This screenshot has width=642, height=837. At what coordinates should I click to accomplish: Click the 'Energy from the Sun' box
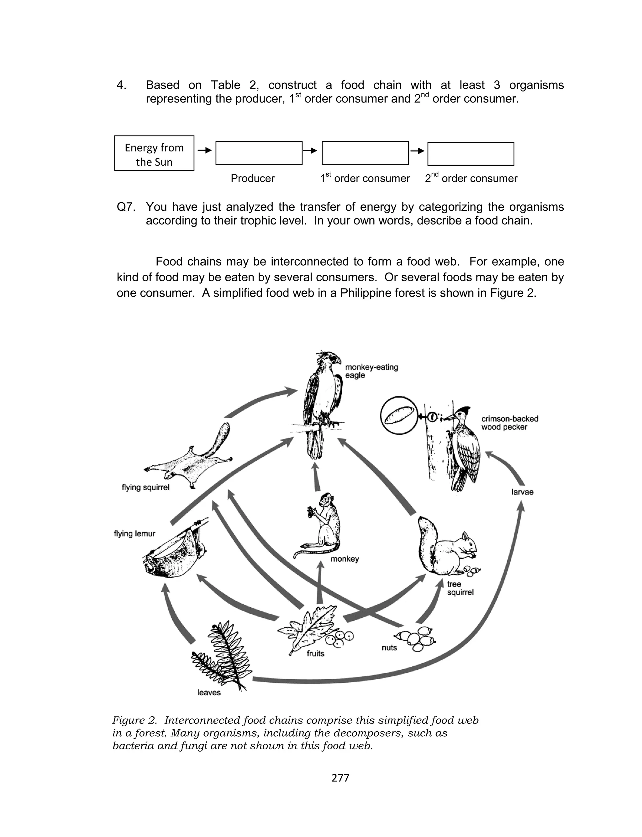pyautogui.click(x=154, y=153)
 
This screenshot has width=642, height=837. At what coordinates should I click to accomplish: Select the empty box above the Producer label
pyautogui.click(x=259, y=153)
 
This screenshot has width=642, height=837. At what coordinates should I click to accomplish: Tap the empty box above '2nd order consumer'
pyautogui.click(x=471, y=154)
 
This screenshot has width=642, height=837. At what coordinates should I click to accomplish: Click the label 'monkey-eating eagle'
pyautogui.click(x=371, y=371)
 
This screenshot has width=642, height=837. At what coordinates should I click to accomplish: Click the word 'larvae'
pyautogui.click(x=522, y=492)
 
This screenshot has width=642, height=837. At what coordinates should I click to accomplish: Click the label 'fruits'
pyautogui.click(x=315, y=654)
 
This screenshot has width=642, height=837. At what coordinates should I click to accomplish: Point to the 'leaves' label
pyautogui.click(x=209, y=692)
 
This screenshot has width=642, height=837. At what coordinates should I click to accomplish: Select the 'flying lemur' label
pyautogui.click(x=134, y=533)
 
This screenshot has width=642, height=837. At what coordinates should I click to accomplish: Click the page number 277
pyautogui.click(x=340, y=778)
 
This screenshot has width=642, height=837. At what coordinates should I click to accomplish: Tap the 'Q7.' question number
pyautogui.click(x=126, y=207)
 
